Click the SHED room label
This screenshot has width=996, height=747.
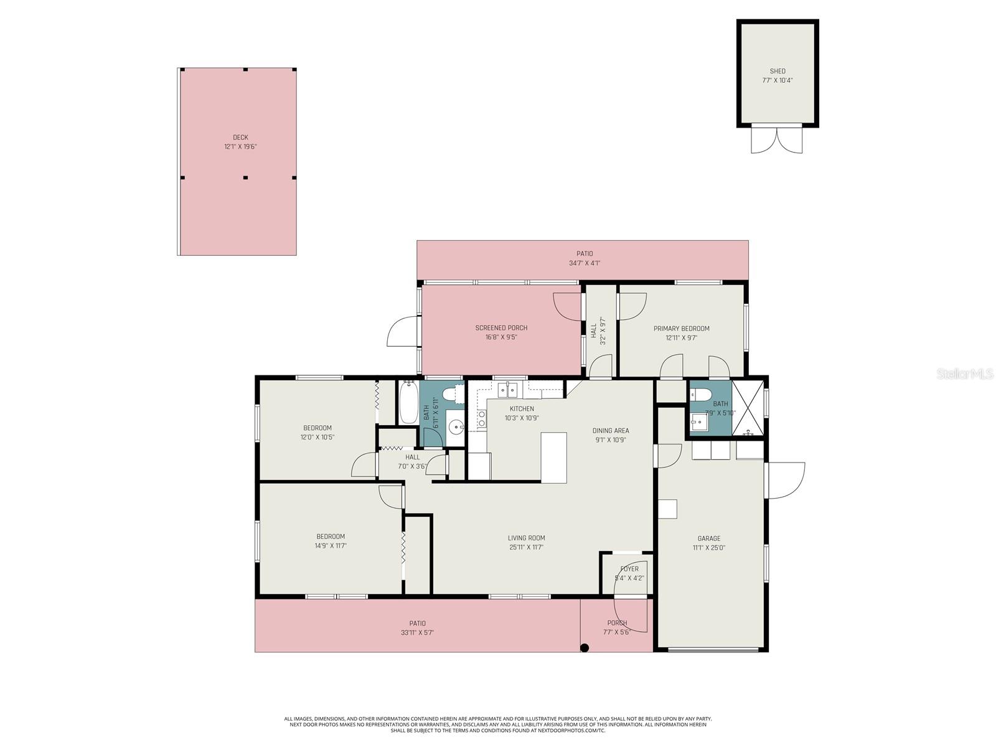pyautogui.click(x=778, y=71)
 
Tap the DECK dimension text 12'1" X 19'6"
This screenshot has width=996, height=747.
pyautogui.click(x=240, y=147)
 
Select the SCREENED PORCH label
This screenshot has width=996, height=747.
pyautogui.click(x=501, y=328)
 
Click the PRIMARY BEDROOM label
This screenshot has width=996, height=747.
pyautogui.click(x=681, y=329)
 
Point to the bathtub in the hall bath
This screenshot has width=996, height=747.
pyautogui.click(x=408, y=402)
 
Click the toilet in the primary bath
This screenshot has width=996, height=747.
pyautogui.click(x=702, y=394)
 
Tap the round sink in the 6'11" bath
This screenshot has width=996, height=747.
pyautogui.click(x=457, y=427)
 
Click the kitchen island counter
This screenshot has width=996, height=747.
pyautogui.click(x=553, y=457)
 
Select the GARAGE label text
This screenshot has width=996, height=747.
pyautogui.click(x=708, y=538)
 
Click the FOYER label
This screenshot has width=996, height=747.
pyautogui.click(x=629, y=569)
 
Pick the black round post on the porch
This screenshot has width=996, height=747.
pyautogui.click(x=584, y=648)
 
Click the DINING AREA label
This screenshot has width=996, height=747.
pyautogui.click(x=610, y=430)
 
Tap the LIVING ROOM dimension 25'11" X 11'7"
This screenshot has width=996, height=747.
pyautogui.click(x=526, y=548)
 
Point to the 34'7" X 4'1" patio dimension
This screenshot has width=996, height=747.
pyautogui.click(x=584, y=263)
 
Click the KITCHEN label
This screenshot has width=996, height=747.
pyautogui.click(x=522, y=409)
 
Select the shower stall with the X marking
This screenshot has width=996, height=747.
pyautogui.click(x=747, y=408)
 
